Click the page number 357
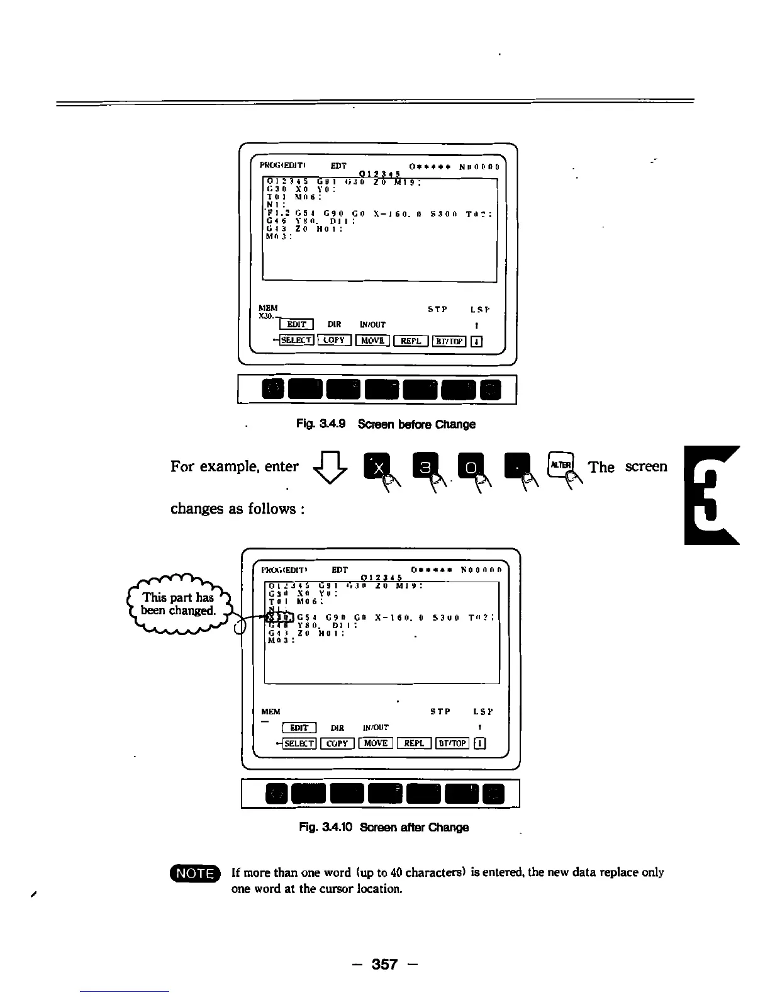pyautogui.click(x=384, y=964)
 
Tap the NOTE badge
pyautogui.click(x=196, y=874)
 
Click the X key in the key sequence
pyautogui.click(x=379, y=467)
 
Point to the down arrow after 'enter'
pyautogui.click(x=333, y=468)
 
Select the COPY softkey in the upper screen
pyautogui.click(x=333, y=341)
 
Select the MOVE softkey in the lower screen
pyautogui.click(x=376, y=743)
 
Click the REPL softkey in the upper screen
pyautogui.click(x=411, y=341)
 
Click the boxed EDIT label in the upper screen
pyautogui.click(x=296, y=325)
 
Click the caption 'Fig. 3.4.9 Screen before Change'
pyautogui.click(x=386, y=424)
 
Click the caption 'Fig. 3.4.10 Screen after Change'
pyautogui.click(x=384, y=827)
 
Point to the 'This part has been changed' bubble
pyautogui.click(x=178, y=604)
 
